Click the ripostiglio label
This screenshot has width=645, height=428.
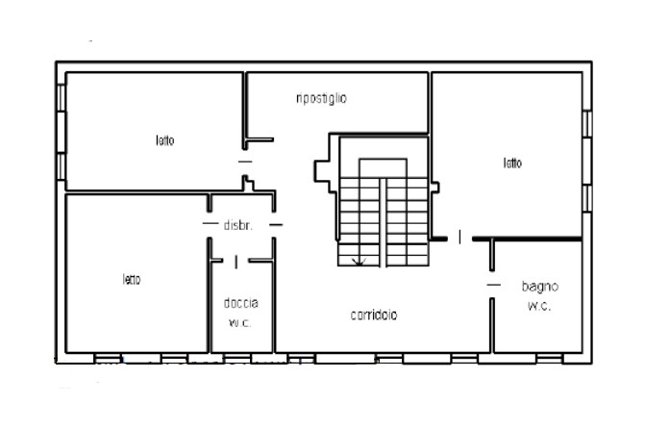(321, 99)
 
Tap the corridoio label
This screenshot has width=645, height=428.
(374, 315)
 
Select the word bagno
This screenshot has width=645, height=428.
(539, 287)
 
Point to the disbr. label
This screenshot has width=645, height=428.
(237, 225)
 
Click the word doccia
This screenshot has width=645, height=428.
(241, 303)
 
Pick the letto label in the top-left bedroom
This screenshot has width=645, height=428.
(165, 140)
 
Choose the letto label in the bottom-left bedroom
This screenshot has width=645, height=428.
(132, 280)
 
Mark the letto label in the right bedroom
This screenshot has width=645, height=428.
(512, 163)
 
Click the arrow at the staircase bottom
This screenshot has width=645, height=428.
(360, 261)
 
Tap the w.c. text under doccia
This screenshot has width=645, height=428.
(239, 323)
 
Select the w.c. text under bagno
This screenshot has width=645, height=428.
(539, 306)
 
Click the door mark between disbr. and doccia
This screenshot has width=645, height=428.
(236, 262)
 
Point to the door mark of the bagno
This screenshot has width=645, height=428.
(494, 285)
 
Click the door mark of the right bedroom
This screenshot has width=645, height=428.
(459, 237)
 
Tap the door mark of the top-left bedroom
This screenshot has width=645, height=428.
(245, 162)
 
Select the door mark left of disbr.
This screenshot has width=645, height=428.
(211, 223)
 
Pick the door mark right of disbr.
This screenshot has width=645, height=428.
(276, 225)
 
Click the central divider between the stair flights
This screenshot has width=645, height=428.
(383, 222)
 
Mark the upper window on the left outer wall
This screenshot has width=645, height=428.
(61, 97)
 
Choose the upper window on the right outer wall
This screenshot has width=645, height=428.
(587, 123)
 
